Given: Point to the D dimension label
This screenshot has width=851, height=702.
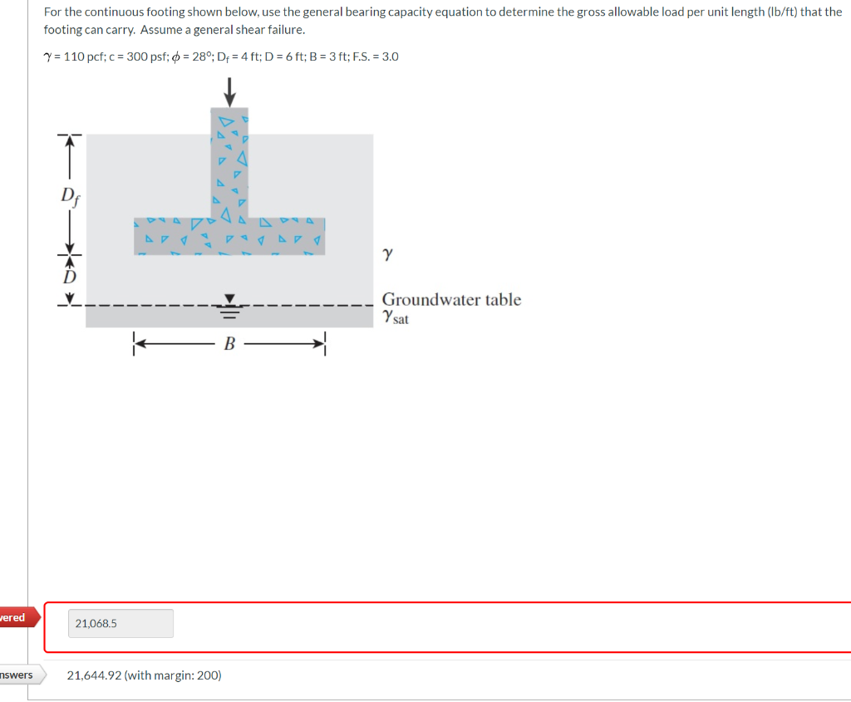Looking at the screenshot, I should pos(71,275).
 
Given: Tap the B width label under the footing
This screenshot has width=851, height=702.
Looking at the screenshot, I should pos(229,343).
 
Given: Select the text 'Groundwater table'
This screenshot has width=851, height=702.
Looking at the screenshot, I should pos(451,299).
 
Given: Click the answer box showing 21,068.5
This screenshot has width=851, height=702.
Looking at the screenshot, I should pos(121,623).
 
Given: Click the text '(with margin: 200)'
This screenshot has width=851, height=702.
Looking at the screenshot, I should pos(172,675).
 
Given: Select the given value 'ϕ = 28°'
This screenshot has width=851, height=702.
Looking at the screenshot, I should pos(190,56).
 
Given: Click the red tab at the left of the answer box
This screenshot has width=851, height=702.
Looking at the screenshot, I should pos(13,617).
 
